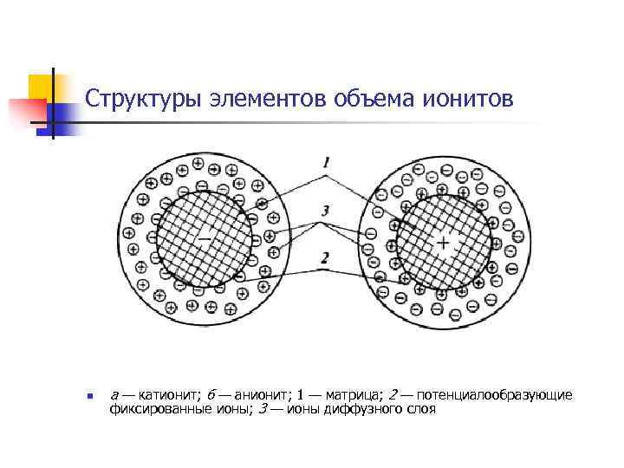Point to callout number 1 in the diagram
click(324, 162)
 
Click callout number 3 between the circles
click(324, 211)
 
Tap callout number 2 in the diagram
click(324, 257)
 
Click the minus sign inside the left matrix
click(205, 237)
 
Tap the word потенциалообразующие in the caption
click(497, 395)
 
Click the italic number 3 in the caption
click(262, 408)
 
